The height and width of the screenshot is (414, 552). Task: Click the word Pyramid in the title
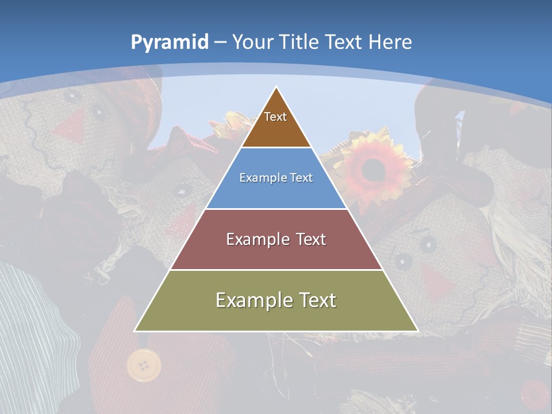pos(169,42)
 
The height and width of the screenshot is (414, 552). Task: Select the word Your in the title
pos(253,42)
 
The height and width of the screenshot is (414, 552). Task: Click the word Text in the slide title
pos(344,42)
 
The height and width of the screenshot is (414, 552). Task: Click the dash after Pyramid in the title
pos(220,43)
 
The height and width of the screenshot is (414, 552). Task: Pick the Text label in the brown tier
pos(275,117)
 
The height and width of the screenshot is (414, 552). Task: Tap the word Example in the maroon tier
pos(257,239)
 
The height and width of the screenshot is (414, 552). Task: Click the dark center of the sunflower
pos(374,167)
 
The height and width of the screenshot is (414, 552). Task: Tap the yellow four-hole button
pos(144,365)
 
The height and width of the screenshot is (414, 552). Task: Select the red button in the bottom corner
pos(535,394)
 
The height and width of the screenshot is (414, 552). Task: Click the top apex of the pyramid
pos(277,87)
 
